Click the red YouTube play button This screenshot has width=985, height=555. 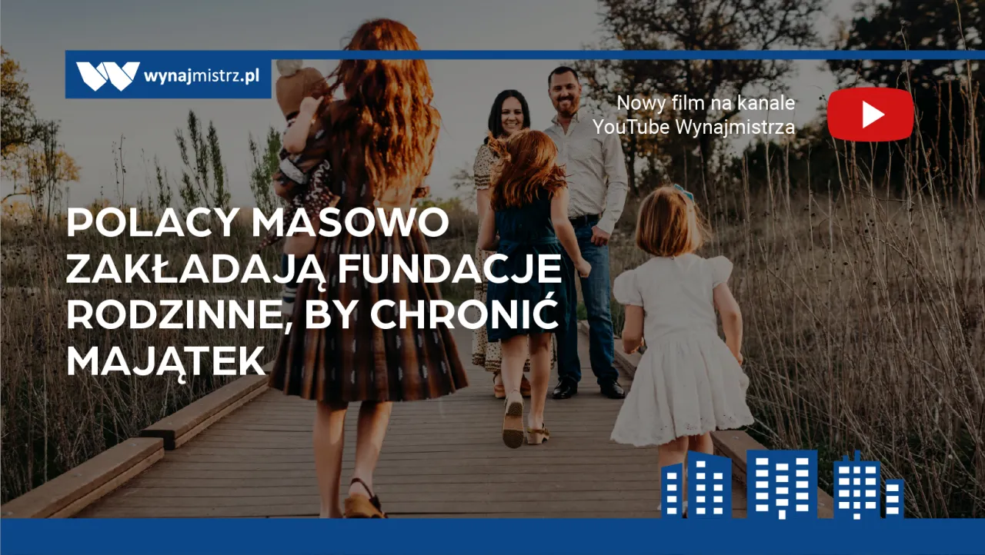(870, 115)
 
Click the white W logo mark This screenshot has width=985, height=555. (108, 76)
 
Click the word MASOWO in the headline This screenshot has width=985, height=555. (350, 224)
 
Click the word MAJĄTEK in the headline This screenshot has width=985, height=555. (166, 361)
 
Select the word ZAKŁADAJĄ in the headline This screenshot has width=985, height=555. (195, 269)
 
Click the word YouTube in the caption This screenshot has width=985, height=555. (630, 128)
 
